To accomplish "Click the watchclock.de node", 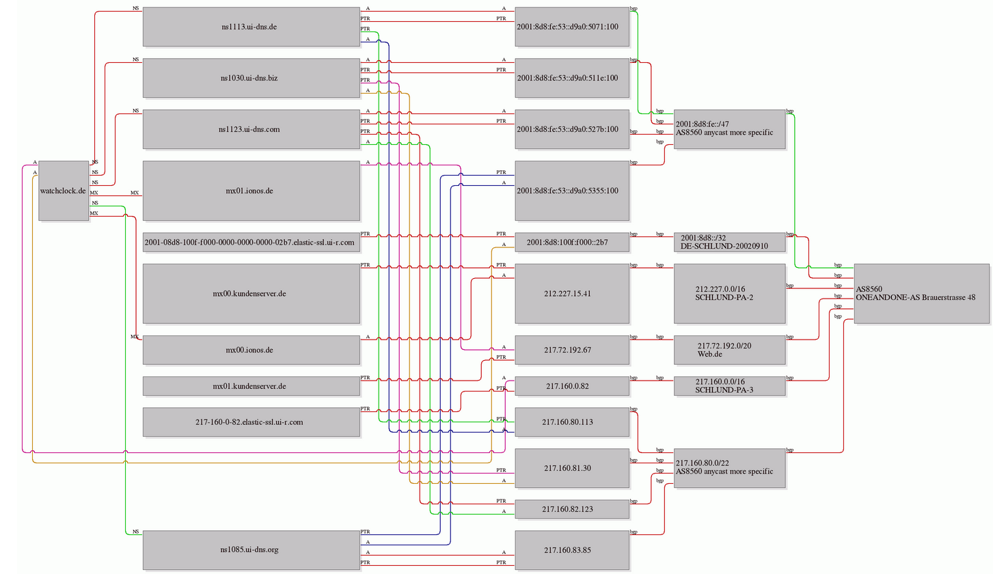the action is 64,191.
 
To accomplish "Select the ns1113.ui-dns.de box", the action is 251,27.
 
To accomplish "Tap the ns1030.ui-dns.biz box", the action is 251,78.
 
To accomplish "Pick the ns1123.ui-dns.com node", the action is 251,129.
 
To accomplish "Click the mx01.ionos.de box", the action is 251,191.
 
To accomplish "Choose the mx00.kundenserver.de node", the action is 251,294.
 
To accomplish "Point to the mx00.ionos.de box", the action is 251,350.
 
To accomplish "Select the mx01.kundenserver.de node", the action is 251,386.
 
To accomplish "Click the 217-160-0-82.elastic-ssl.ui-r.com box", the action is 251,422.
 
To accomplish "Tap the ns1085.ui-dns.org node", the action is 251,550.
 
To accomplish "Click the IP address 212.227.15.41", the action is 572,294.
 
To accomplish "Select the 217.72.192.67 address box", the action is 572,350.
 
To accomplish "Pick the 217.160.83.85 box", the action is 572,550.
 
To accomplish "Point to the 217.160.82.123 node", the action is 572,509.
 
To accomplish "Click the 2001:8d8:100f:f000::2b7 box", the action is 572,243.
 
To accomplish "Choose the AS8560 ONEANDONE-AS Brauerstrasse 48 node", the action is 922,294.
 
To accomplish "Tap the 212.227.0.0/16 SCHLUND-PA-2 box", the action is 730,294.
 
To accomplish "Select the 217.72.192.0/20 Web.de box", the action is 730,350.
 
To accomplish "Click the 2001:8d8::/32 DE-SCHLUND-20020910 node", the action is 730,243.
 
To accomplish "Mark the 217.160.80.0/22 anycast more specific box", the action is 730,468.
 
